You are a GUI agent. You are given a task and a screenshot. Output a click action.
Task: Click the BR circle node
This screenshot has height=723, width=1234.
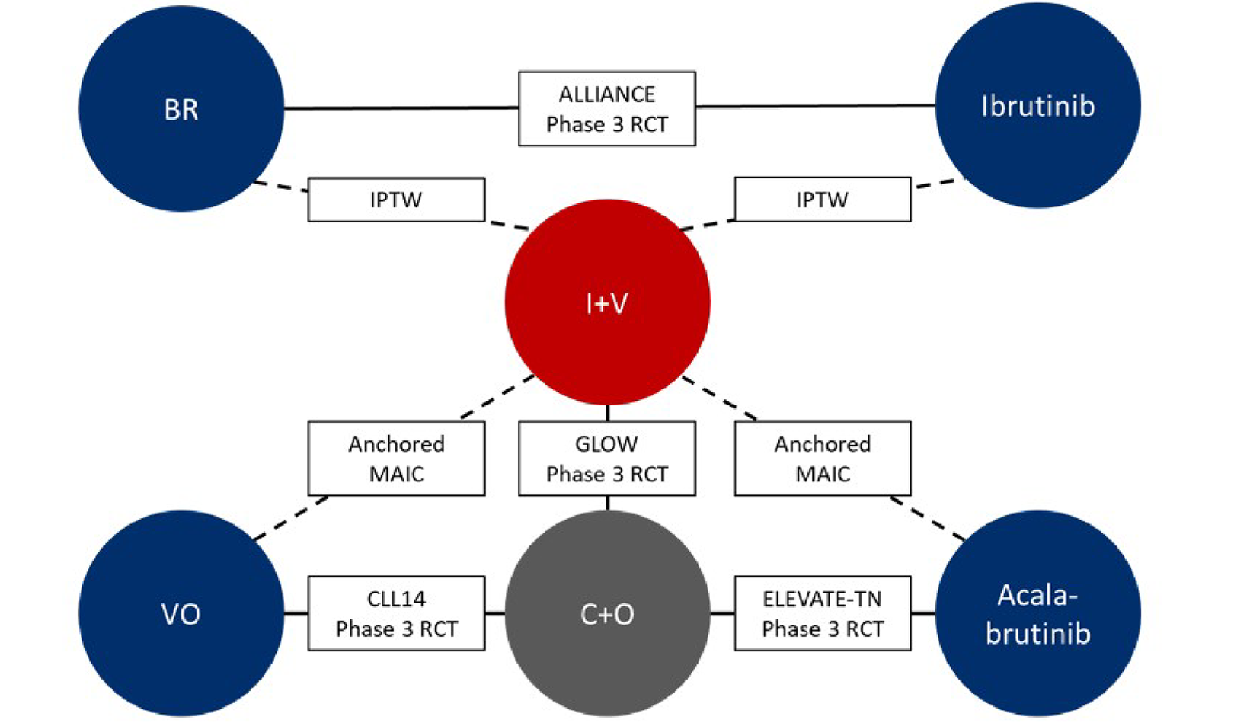181,109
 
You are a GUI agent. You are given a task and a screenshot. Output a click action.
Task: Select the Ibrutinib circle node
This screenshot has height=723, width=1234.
1037,105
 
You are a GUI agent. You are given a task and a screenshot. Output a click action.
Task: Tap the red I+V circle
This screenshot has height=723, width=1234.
607,302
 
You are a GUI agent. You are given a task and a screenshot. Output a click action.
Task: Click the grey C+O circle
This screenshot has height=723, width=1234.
607,613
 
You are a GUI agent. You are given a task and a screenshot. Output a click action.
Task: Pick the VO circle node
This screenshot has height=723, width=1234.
181,613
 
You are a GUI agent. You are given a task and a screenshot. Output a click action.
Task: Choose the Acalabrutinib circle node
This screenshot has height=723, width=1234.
1037,613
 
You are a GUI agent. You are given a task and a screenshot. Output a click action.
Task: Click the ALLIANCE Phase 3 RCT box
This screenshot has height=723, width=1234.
607,109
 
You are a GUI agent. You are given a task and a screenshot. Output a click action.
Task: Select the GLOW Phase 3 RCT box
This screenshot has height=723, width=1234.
607,459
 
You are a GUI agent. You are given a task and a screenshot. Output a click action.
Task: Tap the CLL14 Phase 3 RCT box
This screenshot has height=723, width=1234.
396,613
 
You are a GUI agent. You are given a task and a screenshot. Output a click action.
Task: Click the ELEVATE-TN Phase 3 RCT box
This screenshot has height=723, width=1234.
822,613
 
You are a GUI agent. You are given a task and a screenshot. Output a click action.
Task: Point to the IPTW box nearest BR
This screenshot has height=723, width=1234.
396,200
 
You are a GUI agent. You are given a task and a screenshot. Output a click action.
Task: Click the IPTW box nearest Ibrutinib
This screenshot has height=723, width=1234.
822,200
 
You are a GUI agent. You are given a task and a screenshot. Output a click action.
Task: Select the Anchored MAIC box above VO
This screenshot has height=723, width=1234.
396,459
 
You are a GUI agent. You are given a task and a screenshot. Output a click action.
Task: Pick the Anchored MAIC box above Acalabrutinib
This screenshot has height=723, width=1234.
822,459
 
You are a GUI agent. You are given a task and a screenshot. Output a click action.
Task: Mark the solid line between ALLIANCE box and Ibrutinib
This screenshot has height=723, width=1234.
815,106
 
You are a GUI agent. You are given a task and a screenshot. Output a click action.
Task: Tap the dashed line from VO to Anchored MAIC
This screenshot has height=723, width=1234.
291,518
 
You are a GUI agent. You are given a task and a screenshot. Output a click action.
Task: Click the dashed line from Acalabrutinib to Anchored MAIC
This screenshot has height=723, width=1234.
928,519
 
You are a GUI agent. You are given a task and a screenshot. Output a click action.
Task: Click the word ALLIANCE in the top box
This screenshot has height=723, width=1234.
607,94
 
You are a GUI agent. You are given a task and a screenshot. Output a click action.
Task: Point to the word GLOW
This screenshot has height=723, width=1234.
607,444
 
